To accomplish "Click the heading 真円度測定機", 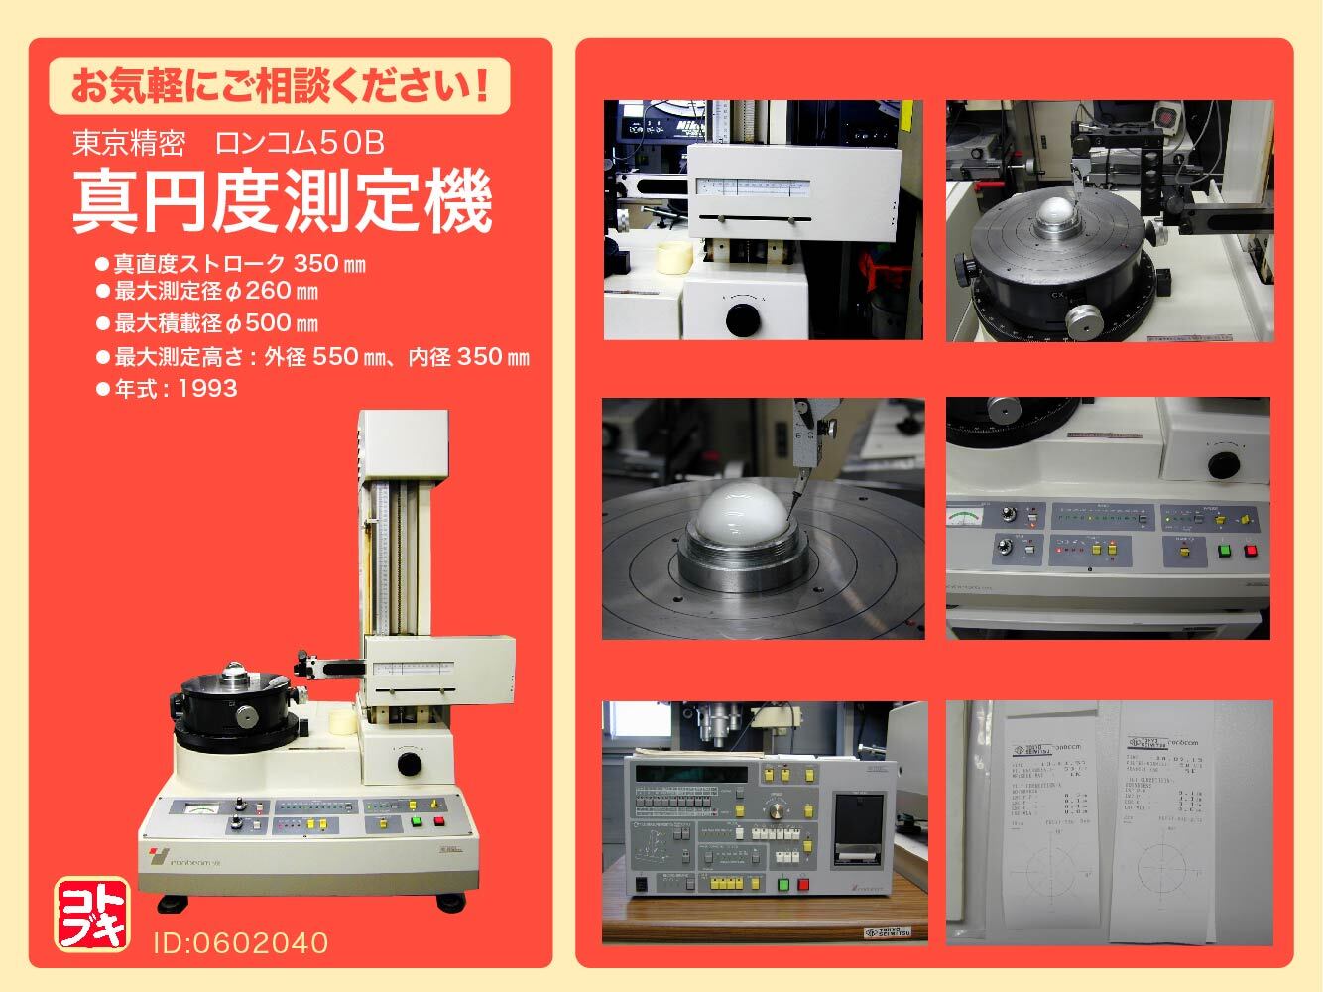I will click(283, 203).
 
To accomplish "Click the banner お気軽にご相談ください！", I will click(279, 84).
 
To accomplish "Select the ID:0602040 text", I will click(240, 941).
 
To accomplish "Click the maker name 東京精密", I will click(129, 144).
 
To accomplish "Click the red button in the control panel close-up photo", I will click(1251, 550).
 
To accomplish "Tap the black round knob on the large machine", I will click(409, 764).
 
